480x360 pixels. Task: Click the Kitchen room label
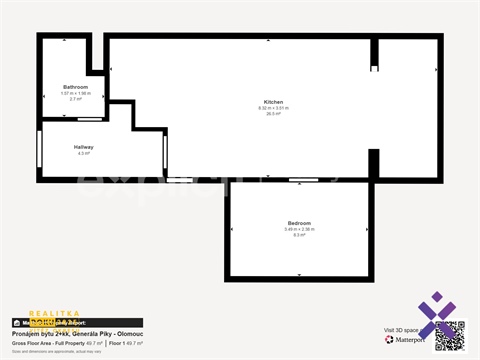tap(273, 102)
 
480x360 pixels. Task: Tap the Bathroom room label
tap(75, 87)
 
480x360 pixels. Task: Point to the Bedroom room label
tap(299, 223)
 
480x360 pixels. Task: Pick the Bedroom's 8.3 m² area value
tap(299, 235)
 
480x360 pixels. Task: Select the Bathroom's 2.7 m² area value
tap(75, 99)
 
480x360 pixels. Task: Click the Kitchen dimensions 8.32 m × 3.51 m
tap(273, 108)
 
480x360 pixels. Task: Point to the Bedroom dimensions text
tap(299, 229)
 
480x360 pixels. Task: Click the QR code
tap(450, 335)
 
